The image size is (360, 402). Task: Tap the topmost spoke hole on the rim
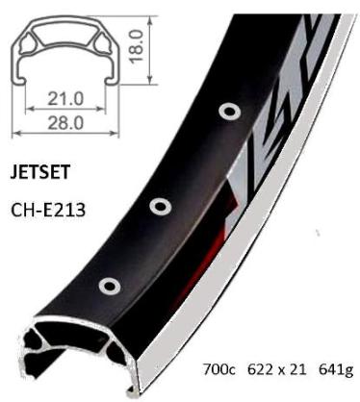pyautogui.click(x=228, y=113)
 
